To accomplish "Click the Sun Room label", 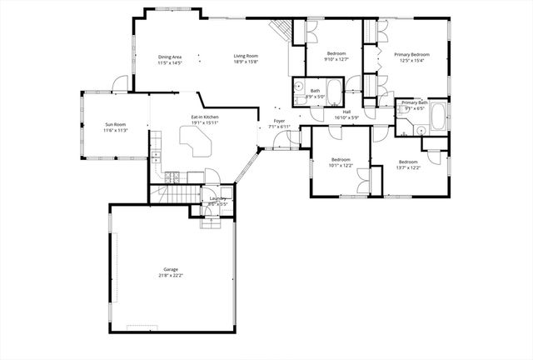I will (114, 124).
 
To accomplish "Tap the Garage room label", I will (171, 270).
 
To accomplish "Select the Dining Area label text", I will (170, 57).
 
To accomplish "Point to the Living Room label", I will (246, 57).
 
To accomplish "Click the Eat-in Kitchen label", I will (204, 117).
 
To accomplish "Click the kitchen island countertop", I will (197, 141).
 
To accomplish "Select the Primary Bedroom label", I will (411, 54).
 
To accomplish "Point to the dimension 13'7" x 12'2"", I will (408, 167).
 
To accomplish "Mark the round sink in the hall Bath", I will (298, 87).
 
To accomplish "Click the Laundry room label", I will (217, 198).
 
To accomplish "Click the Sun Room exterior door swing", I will (121, 83).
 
